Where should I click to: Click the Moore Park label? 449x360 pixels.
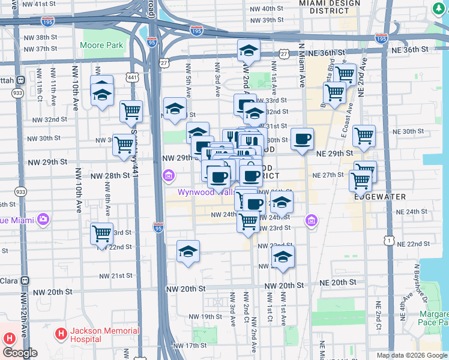point(101,45)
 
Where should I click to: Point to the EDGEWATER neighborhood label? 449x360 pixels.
point(379,197)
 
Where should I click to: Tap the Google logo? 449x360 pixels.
point(20,353)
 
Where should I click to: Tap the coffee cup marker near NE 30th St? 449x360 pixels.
point(302,140)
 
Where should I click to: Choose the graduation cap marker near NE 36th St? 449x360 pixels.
point(248,52)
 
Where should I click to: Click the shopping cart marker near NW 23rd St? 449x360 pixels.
point(101,235)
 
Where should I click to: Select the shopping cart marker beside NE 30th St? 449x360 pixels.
point(364,137)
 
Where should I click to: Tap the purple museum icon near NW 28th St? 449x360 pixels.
point(169,176)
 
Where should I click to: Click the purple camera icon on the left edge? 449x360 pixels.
point(43,220)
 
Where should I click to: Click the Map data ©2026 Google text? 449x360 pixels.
point(411,355)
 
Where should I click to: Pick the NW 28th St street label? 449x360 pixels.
point(110,176)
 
